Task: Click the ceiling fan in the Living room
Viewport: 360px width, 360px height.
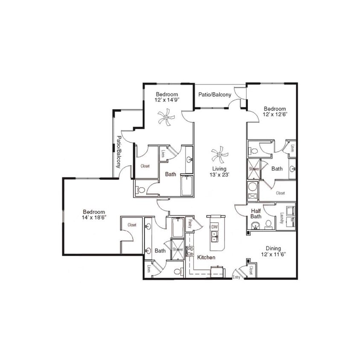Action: click(220, 154)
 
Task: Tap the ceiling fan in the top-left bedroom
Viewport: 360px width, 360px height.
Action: click(166, 117)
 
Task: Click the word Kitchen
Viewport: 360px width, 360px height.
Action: click(206, 258)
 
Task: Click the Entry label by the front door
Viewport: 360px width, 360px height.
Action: click(236, 277)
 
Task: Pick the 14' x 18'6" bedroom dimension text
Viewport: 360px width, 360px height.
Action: click(94, 217)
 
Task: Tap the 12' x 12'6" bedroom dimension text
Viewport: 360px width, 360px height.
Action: click(274, 115)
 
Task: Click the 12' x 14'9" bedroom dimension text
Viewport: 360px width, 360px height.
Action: click(167, 100)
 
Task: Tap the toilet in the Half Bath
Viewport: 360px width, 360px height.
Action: click(268, 225)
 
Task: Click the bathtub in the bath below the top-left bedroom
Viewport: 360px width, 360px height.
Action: click(187, 186)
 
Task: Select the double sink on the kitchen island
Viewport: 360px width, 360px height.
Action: click(215, 236)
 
